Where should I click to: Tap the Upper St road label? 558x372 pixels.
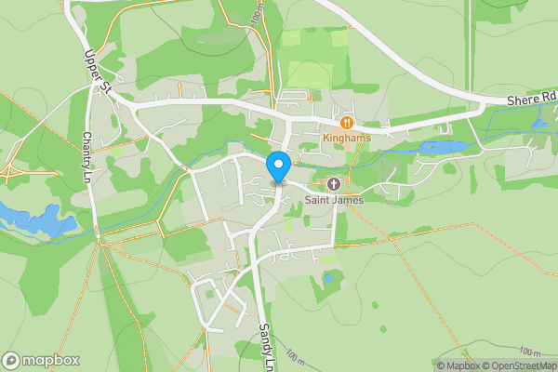pyautogui.click(x=99, y=74)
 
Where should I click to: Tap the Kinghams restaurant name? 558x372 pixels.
pyautogui.click(x=347, y=138)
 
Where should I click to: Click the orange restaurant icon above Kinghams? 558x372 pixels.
pyautogui.click(x=347, y=122)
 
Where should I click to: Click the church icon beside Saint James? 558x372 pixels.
pyautogui.click(x=333, y=184)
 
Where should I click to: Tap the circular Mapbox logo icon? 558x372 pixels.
pyautogui.click(x=12, y=360)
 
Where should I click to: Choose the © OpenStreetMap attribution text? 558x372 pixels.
pyautogui.click(x=520, y=365)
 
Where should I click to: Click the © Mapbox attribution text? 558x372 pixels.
pyautogui.click(x=458, y=365)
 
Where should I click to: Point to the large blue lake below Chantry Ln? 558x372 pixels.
pyautogui.click(x=37, y=219)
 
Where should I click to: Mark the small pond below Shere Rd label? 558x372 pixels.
pyautogui.click(x=540, y=123)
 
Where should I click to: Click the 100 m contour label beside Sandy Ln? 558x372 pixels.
pyautogui.click(x=295, y=356)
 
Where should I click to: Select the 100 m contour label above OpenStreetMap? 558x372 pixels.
pyautogui.click(x=530, y=352)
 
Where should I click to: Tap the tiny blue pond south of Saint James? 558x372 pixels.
pyautogui.click(x=328, y=277)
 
